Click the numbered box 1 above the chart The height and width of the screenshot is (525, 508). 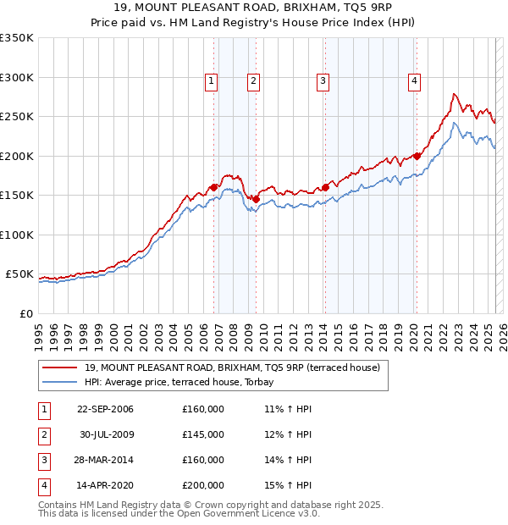(x=211, y=81)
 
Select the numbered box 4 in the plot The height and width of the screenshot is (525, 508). (x=415, y=81)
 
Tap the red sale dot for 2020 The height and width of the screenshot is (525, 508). (x=417, y=156)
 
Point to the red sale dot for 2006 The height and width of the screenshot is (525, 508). (x=214, y=187)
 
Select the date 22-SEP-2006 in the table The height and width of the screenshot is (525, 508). (x=105, y=410)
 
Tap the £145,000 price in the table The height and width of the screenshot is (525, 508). (x=203, y=435)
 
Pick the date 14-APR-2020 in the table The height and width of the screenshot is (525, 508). (x=105, y=486)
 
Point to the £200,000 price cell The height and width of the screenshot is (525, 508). (x=203, y=486)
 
